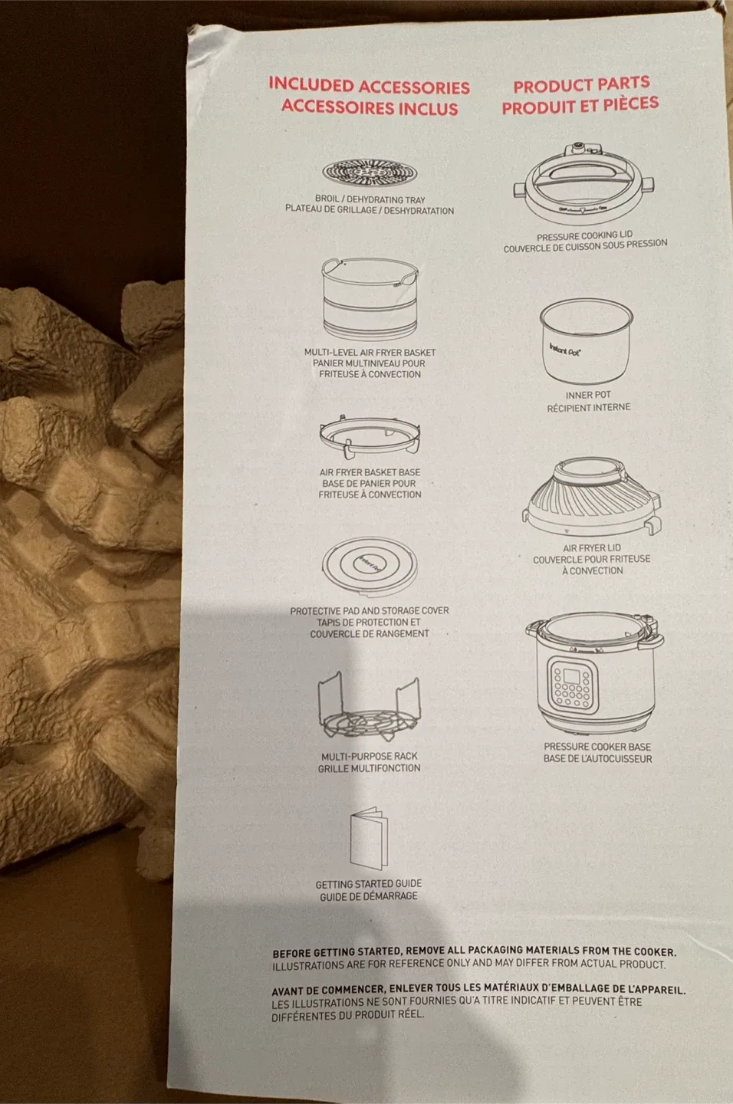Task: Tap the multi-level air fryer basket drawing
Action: (370, 299)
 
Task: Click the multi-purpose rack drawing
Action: (369, 709)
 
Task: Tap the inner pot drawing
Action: (587, 341)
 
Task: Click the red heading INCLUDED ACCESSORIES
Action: (369, 86)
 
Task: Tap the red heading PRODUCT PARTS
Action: (581, 84)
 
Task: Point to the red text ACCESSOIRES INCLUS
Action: (370, 107)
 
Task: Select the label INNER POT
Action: (588, 395)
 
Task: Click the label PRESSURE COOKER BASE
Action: (597, 746)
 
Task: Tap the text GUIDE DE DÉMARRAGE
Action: (369, 896)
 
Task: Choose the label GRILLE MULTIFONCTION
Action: (369, 768)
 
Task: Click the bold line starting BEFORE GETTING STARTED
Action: (474, 951)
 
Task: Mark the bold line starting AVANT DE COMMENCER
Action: (478, 989)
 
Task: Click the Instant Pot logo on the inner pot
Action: (565, 350)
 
